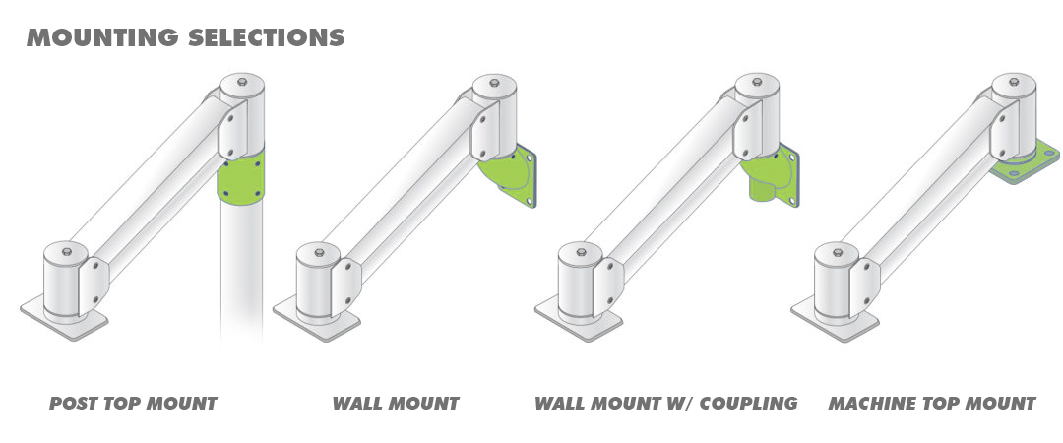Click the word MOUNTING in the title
[103, 37]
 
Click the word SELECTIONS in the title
[267, 37]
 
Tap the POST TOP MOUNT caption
[133, 404]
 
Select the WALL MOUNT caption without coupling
[396, 404]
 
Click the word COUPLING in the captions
[748, 404]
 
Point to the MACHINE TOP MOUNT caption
[932, 404]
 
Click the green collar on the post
[241, 177]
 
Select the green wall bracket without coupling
[508, 175]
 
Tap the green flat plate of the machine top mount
[1025, 162]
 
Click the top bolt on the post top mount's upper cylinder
[242, 83]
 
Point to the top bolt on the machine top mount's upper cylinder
[1014, 82]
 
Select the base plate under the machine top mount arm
[835, 318]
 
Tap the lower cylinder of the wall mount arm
[318, 281]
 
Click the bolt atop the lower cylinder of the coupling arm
[581, 252]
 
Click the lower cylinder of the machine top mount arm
[836, 281]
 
